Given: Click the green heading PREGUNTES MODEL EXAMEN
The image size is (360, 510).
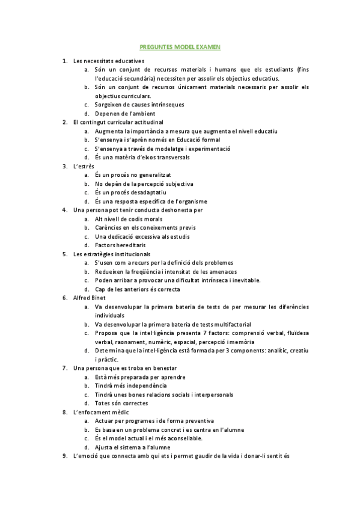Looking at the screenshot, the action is point(180,46).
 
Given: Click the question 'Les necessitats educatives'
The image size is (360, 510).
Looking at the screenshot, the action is point(108,61).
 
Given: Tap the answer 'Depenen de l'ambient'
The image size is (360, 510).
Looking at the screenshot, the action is point(125,114).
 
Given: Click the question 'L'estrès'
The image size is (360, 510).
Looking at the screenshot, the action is point(84,166).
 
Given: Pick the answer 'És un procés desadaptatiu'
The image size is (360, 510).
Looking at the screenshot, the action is point(129,192).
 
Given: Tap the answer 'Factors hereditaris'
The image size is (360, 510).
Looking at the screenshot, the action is point(120,245).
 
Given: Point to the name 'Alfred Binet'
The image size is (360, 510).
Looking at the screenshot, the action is point(89,298).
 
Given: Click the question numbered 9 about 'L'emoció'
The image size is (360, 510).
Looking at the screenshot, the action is point(180,456).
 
